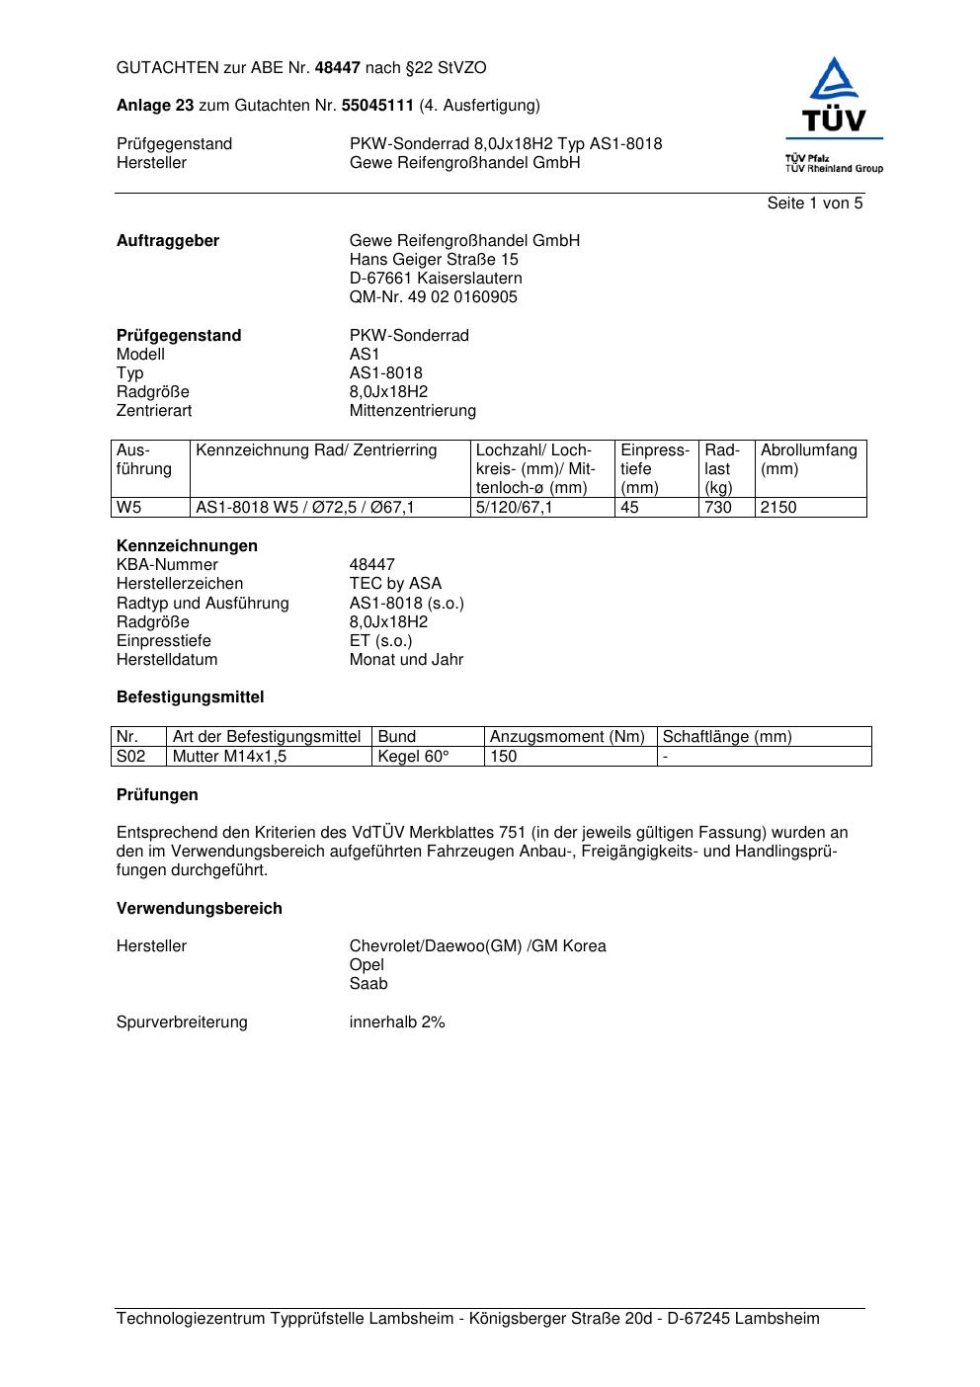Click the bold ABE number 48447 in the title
click(x=338, y=68)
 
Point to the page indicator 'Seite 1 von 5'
click(x=814, y=204)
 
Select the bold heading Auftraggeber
click(x=168, y=241)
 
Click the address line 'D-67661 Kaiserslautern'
click(x=436, y=279)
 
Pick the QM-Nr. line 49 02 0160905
click(x=433, y=297)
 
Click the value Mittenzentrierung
click(x=412, y=411)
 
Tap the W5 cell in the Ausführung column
click(x=129, y=508)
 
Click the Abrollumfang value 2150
click(x=778, y=508)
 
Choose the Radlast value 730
click(x=718, y=508)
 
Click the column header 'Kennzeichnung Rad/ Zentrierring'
click(x=316, y=450)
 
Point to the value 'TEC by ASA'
click(x=395, y=584)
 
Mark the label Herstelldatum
click(x=167, y=660)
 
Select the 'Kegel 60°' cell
click(x=413, y=757)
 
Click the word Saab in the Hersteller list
click(x=368, y=984)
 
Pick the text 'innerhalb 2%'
click(x=397, y=1022)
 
